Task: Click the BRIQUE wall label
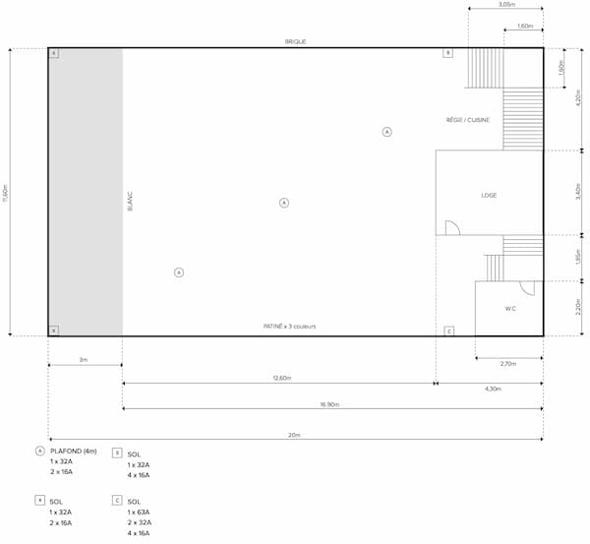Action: [294, 42]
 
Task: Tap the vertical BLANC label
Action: [130, 202]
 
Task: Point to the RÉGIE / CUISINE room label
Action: [467, 120]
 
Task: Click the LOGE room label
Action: [489, 195]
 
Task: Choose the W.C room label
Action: [510, 309]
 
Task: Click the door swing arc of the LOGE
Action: [451, 228]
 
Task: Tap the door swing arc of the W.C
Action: [527, 288]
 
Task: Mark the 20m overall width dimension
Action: [294, 434]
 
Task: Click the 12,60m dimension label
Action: [279, 378]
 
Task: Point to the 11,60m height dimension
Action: [5, 192]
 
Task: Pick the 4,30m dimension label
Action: [489, 389]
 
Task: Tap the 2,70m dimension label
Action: [508, 364]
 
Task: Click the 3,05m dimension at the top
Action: [505, 5]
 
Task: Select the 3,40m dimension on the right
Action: [578, 192]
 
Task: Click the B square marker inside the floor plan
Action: [447, 53]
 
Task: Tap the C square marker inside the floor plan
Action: [448, 331]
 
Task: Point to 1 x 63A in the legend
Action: [138, 513]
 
